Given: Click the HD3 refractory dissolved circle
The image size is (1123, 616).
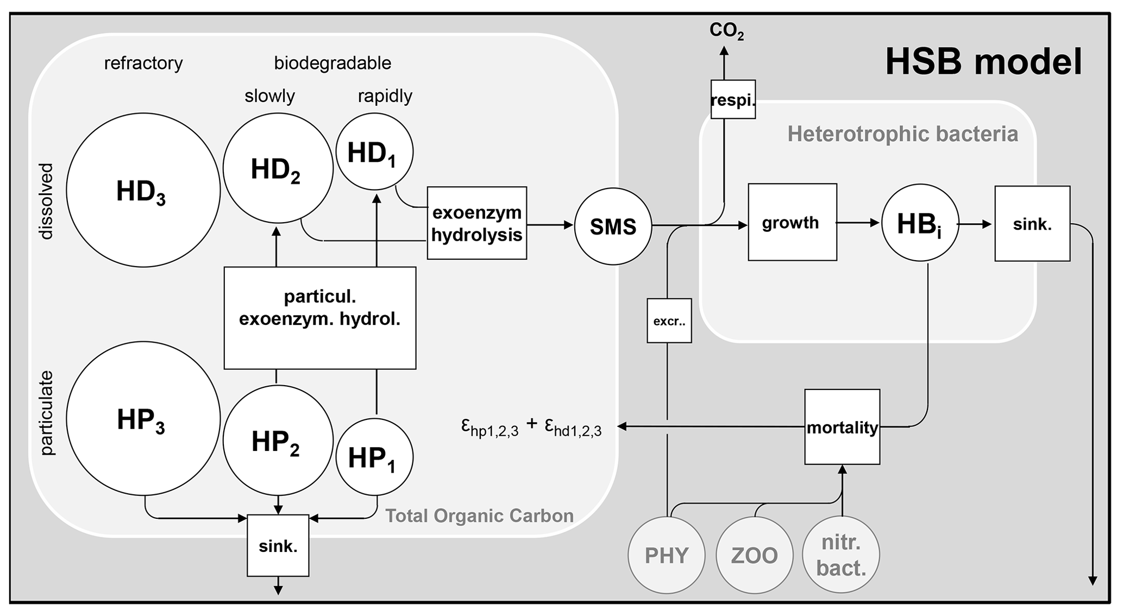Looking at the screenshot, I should point(143,190).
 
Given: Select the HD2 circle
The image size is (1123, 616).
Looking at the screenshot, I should point(278,168).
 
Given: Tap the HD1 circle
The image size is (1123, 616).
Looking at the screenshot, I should point(374,152).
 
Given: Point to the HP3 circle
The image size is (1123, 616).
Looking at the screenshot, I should point(143,418).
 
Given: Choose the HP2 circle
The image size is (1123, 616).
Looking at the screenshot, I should point(278,441).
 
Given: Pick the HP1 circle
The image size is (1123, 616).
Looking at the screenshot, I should point(374,457).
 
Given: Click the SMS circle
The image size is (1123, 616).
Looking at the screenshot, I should point(613,226).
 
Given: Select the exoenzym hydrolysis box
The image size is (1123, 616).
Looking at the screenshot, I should point(476,223).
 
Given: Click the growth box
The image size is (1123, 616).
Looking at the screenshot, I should point(792,222).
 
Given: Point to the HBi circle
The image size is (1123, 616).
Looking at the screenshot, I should point(920,223).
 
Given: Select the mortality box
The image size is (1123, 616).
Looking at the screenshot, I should point(842,427).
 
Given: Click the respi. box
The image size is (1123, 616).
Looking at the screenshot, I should point(733,99).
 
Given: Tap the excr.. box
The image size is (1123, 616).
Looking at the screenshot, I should point(669,320).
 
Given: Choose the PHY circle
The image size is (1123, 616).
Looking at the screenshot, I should point(667,555).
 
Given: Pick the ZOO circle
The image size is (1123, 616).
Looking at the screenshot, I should point(755,555).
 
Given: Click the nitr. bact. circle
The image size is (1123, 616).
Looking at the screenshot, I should point(841,555).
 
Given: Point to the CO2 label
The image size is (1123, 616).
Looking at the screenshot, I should point(726,31).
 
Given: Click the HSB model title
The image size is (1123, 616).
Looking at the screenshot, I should point(983,61).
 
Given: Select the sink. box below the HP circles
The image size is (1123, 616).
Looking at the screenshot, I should point(278,545).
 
